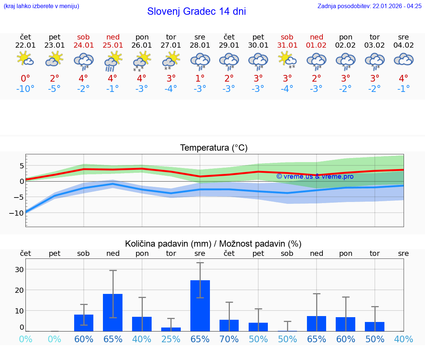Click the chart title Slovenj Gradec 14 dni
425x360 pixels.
(196, 11)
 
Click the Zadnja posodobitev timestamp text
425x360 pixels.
(369, 6)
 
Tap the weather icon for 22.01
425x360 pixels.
(25, 59)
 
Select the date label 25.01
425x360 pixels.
(113, 45)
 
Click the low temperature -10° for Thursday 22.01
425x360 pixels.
(25, 89)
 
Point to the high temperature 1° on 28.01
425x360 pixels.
(200, 78)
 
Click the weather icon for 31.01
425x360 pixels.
(287, 59)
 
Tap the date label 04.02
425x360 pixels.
(404, 45)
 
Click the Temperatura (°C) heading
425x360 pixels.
(214, 148)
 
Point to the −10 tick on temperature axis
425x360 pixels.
(17, 213)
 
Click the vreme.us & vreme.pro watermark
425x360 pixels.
(315, 176)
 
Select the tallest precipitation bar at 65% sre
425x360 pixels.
(200, 305)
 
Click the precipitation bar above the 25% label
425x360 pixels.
(171, 329)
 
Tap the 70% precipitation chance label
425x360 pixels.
(229, 339)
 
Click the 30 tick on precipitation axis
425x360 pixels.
(19, 270)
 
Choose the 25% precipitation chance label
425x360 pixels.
(171, 339)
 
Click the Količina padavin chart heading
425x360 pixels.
(213, 244)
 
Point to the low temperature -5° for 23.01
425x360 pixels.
(55, 89)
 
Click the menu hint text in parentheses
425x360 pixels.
(41, 6)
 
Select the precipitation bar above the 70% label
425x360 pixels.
(229, 325)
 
